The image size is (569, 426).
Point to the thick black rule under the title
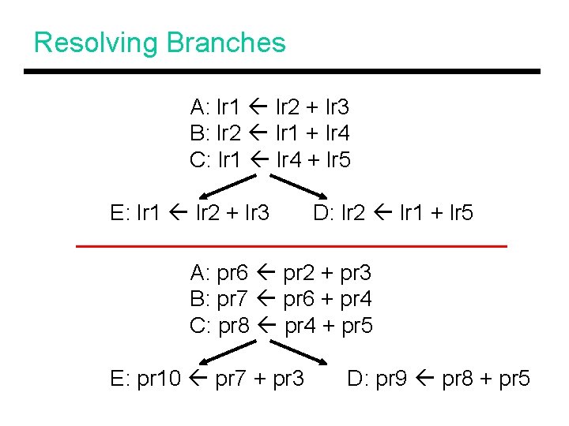[281, 72]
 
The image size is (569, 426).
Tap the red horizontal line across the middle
[291, 247]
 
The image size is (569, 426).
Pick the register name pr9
[391, 379]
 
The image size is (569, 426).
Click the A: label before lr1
[199, 106]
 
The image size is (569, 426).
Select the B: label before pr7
[199, 299]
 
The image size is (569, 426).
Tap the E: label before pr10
[119, 379]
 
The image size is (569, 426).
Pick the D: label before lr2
[323, 212]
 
